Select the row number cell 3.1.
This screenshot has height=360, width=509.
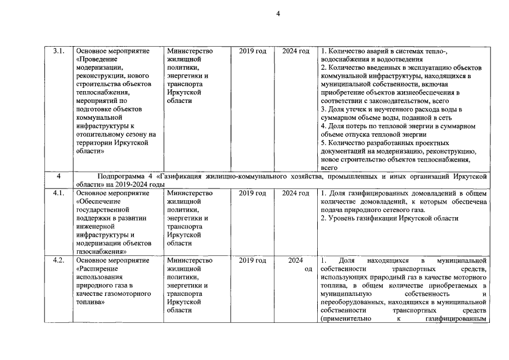click(58, 51)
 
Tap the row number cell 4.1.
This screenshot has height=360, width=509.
click(58, 193)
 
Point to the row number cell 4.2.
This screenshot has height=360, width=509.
click(58, 260)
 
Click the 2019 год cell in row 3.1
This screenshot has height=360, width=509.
click(253, 51)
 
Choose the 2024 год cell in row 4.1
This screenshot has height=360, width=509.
click(296, 193)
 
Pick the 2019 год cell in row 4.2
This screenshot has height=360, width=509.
click(253, 260)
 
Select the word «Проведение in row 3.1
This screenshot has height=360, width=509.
click(96, 59)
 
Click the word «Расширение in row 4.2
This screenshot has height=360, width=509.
click(96, 268)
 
